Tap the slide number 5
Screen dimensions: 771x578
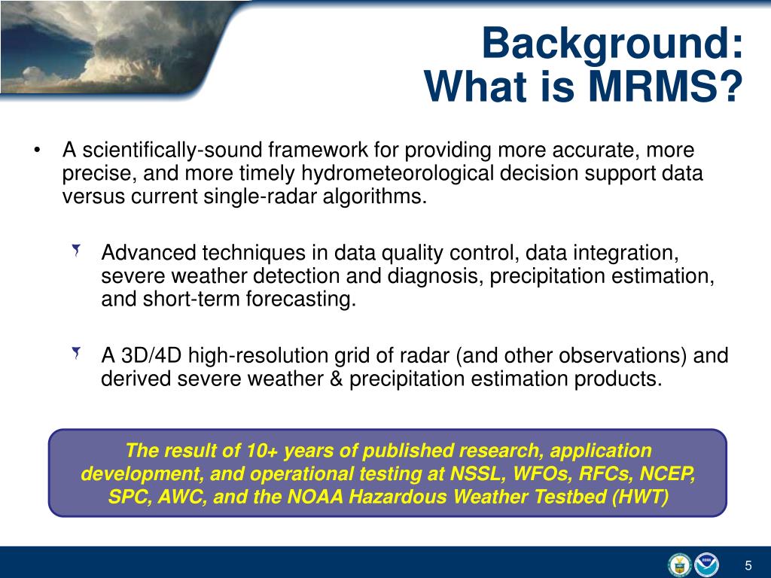pos(748,565)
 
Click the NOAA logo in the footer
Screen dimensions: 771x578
pos(706,564)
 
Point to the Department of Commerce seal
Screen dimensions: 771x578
pos(680,564)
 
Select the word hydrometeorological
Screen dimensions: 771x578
pos(397,174)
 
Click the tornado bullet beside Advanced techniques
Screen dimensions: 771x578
pos(76,251)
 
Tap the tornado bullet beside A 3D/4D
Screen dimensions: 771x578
pos(76,353)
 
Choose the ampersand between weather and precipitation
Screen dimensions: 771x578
pos(336,379)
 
